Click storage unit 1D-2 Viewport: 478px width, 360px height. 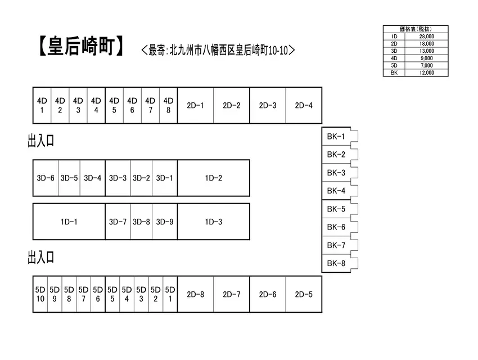(213, 178)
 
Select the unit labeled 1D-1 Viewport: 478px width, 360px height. (69, 222)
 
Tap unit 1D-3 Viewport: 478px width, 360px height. (213, 222)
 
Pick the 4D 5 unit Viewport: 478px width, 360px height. (114, 106)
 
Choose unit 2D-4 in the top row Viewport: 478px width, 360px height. (304, 106)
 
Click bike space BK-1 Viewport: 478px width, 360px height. (336, 136)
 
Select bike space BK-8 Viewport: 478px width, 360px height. (336, 263)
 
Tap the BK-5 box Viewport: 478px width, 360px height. (336, 209)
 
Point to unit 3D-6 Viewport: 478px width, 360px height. (46, 178)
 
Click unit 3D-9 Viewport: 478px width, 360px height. (165, 222)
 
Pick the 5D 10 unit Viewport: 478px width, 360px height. (40, 294)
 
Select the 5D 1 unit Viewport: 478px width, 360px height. (170, 294)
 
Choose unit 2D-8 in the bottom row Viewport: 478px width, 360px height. (195, 294)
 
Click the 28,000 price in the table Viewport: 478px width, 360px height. (426, 36)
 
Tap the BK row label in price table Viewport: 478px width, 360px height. (394, 73)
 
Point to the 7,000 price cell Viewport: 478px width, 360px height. (426, 65)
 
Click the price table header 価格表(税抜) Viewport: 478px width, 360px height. (416, 29)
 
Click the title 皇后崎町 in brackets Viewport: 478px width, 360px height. (81, 46)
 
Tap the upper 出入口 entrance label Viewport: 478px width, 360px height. (41, 141)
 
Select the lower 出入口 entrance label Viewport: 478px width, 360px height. (41, 257)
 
